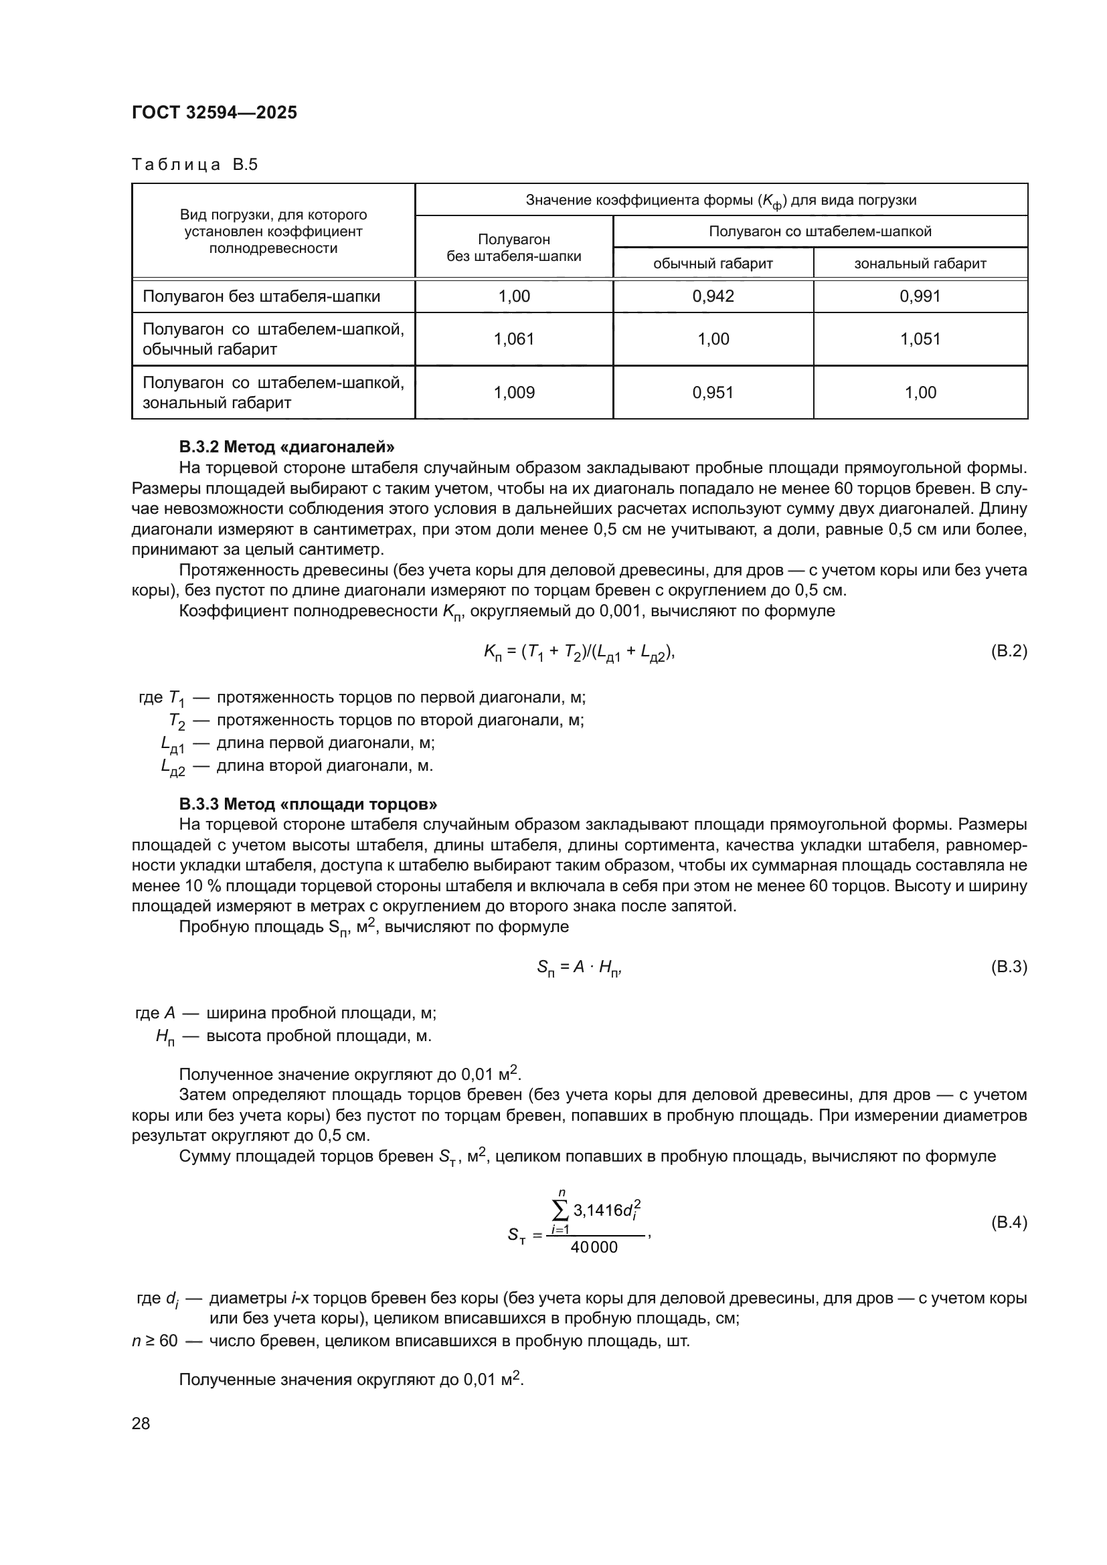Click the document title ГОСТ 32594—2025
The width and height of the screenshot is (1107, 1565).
214,113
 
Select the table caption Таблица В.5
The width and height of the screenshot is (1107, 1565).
194,165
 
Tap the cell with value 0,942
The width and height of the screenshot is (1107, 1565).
713,296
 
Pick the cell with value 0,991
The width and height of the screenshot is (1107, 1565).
920,296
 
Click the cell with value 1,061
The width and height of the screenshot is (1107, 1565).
514,339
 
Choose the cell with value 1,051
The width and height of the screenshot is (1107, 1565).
920,339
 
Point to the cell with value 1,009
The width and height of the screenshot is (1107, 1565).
514,392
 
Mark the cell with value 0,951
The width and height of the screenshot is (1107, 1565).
713,392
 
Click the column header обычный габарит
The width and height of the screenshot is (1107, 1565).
713,263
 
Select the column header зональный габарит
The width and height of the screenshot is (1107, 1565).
920,263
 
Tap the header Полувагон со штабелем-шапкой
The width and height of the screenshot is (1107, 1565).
820,231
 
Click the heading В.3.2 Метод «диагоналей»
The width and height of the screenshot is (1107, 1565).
286,447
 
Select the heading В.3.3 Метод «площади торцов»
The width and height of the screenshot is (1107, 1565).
308,804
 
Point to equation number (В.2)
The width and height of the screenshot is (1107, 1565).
1008,651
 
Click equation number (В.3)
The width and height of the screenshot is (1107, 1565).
1008,967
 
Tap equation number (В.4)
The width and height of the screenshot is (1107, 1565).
1008,1222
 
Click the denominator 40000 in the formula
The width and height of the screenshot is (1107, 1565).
594,1247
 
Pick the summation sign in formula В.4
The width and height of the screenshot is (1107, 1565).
560,1210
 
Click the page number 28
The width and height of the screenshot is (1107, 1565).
141,1423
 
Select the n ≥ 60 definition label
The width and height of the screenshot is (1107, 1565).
155,1341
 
